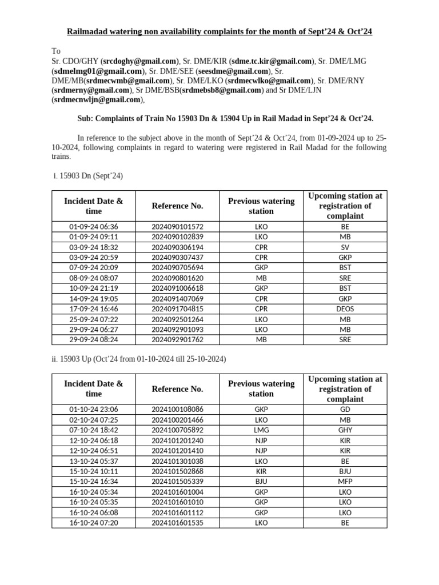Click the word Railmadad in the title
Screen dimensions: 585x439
tap(88, 31)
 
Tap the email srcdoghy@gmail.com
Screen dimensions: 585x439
tap(139, 61)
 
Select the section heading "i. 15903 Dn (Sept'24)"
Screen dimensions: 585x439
tap(87, 176)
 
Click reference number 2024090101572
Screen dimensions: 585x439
tap(177, 227)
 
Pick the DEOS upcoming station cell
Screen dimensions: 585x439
tap(345, 309)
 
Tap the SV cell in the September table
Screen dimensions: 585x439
tap(345, 247)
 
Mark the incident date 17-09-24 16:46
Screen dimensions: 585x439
tap(93, 309)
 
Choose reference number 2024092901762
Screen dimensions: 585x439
tap(177, 340)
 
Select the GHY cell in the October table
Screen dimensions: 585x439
tap(345, 430)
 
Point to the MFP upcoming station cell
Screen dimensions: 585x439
tap(345, 482)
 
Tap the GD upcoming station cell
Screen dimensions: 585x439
tap(345, 410)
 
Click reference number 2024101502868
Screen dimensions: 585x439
tap(177, 471)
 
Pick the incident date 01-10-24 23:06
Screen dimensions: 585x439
tap(93, 410)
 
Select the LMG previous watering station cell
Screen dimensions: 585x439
tap(261, 430)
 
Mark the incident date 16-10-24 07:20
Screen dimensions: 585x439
tap(93, 523)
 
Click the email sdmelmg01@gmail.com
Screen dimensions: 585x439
tap(98, 71)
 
